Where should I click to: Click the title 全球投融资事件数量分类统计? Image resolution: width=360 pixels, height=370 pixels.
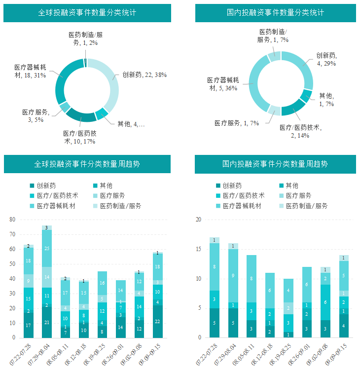click(87, 13)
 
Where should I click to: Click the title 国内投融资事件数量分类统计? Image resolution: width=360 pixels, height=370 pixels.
click(275, 13)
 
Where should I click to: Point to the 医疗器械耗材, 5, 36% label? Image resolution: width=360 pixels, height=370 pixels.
click(223, 84)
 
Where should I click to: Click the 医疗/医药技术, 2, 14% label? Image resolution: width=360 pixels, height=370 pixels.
click(300, 131)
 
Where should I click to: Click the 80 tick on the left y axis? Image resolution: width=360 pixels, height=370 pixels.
click(13, 220)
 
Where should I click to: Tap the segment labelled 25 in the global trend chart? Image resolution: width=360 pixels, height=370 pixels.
click(47, 249)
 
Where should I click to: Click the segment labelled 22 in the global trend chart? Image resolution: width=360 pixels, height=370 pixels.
click(157, 322)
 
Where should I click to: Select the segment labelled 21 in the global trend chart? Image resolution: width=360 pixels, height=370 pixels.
click(47, 322)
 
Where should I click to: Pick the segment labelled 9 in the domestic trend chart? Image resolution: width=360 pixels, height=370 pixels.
click(233, 276)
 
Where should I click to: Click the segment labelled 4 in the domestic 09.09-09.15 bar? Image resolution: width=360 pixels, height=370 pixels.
click(344, 326)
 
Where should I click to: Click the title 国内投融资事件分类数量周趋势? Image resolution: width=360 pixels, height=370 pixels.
click(275, 164)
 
